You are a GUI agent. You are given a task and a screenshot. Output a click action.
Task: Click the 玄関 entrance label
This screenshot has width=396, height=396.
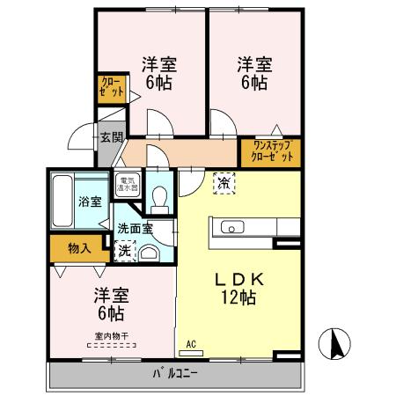pyautogui.click(x=110, y=137)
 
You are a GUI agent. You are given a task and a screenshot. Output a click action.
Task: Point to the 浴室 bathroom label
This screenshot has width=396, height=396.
pyautogui.click(x=89, y=201)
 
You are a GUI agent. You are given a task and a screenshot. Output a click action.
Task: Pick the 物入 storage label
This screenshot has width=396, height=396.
pyautogui.click(x=79, y=249)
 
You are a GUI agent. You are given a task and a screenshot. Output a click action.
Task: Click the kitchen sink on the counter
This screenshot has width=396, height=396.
pyautogui.click(x=232, y=229)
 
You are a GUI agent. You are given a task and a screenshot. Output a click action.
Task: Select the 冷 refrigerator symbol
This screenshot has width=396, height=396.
pyautogui.click(x=224, y=183)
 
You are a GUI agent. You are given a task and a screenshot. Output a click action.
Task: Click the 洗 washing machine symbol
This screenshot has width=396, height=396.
pyautogui.click(x=126, y=250)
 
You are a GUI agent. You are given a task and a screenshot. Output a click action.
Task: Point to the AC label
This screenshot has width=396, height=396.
pyautogui.click(x=192, y=345)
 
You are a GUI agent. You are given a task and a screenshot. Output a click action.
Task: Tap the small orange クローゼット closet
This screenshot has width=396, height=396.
pyautogui.click(x=112, y=89)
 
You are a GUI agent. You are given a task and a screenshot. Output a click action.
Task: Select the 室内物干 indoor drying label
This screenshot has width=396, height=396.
pyautogui.click(x=110, y=335)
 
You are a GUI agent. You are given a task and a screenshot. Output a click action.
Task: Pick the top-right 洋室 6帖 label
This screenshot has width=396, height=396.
pyautogui.click(x=253, y=72)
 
